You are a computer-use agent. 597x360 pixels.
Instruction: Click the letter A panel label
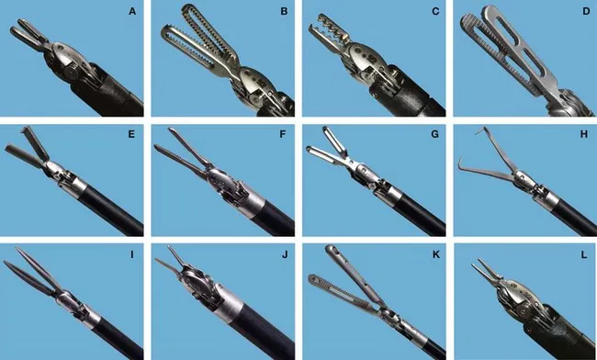(x=132, y=12)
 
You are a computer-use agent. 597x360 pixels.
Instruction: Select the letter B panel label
(x=284, y=12)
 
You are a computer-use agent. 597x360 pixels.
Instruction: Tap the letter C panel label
(x=434, y=12)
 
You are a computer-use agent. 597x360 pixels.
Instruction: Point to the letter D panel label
(x=585, y=12)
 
